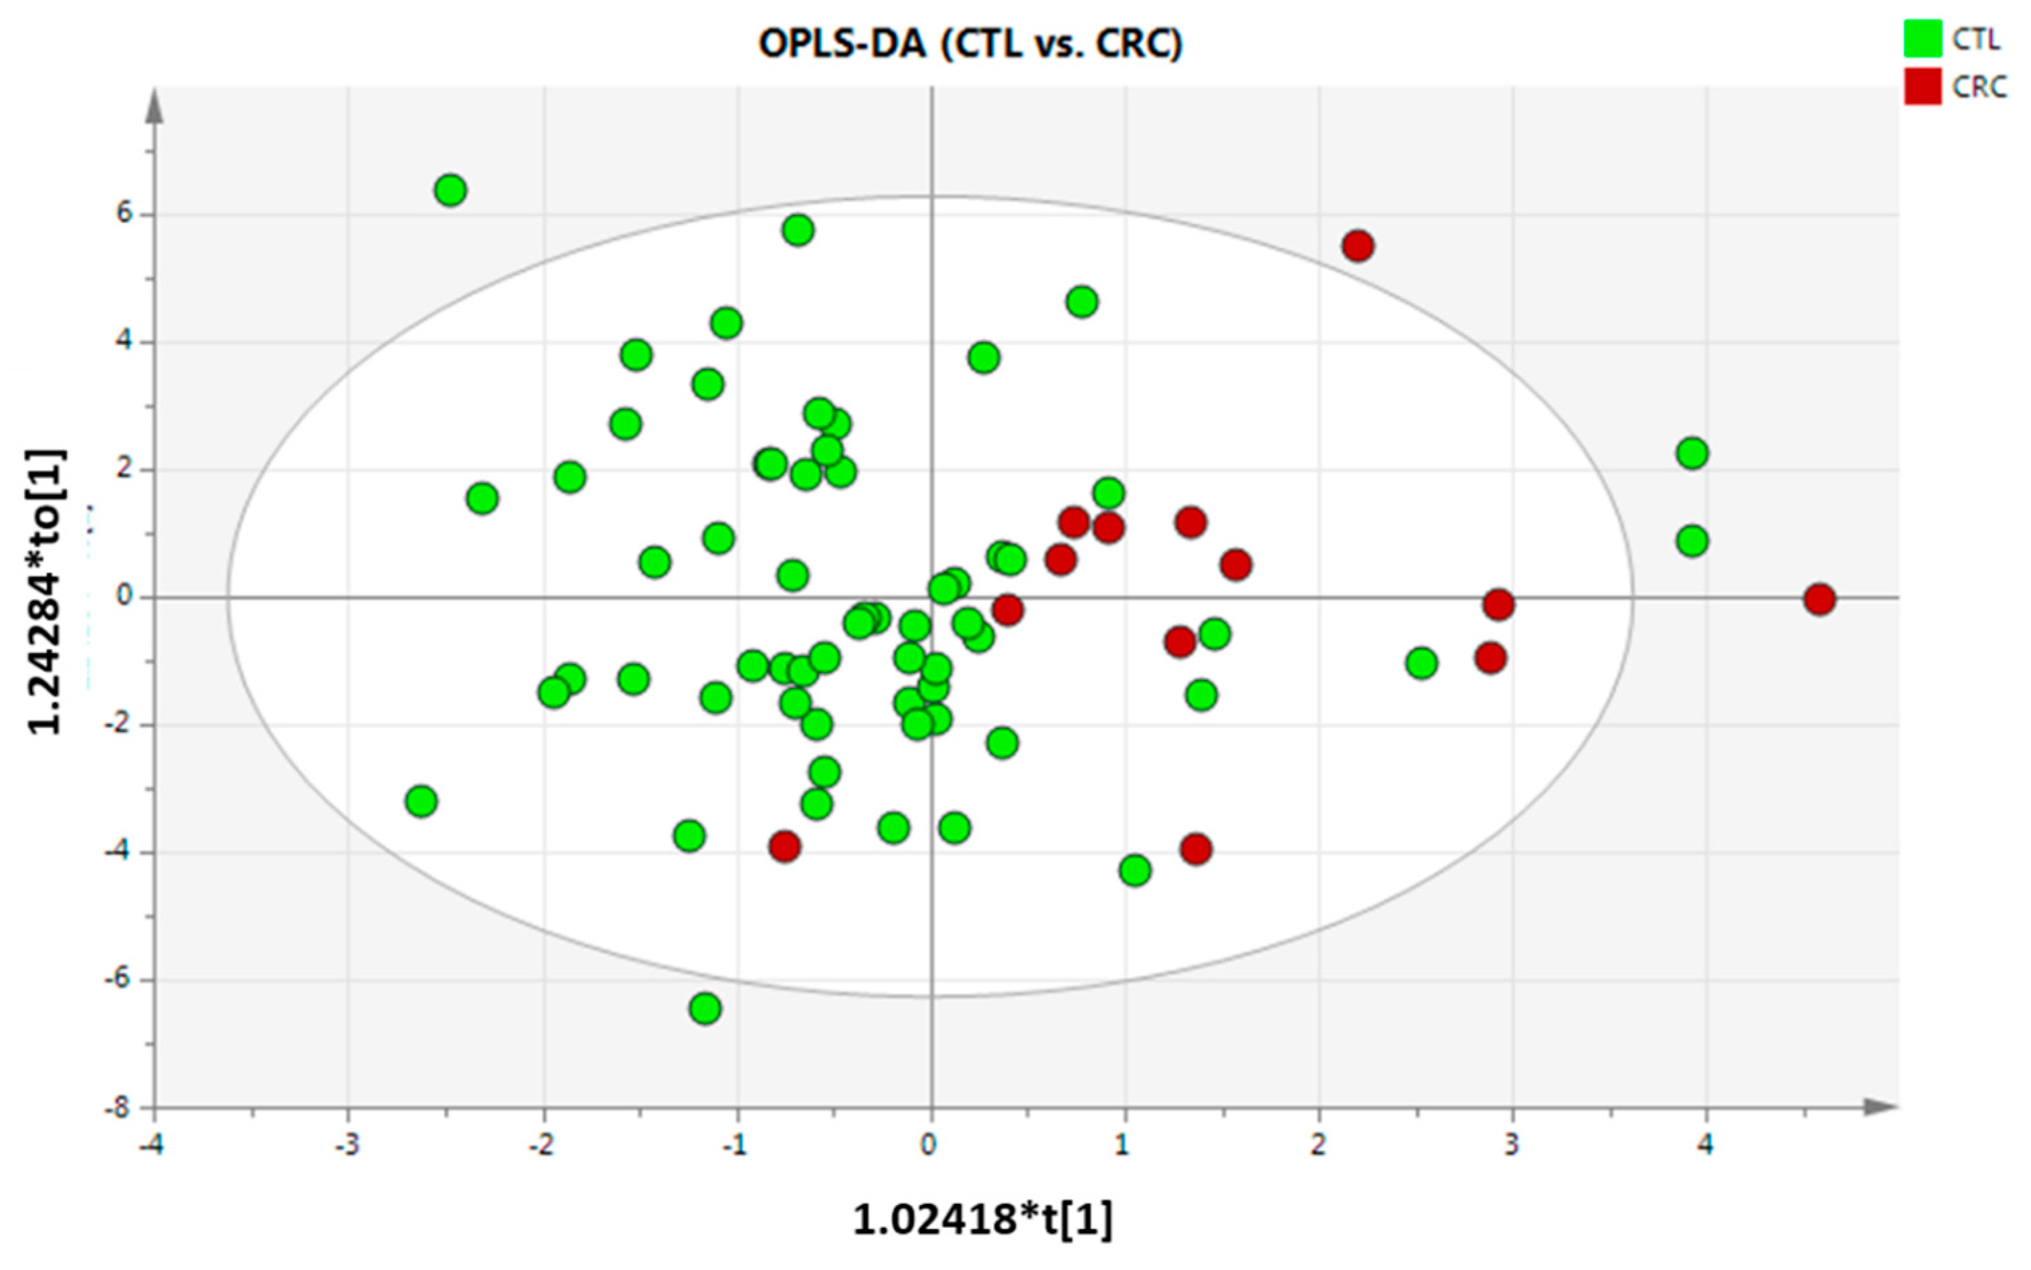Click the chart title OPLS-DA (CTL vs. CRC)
coord(970,43)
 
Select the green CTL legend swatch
coord(1923,39)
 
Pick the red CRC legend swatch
coord(1923,86)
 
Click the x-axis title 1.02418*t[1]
coord(983,1218)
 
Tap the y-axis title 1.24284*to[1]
coord(46,592)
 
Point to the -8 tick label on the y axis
coord(118,1109)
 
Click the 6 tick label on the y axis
coord(124,213)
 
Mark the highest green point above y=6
coord(451,191)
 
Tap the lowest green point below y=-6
coord(705,1008)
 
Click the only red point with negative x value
coord(784,846)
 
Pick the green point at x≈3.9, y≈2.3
coord(1692,454)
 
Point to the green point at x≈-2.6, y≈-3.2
coord(421,802)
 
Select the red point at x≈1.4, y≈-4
coord(1195,849)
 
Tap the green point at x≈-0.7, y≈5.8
coord(798,230)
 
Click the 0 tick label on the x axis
coord(928,1145)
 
